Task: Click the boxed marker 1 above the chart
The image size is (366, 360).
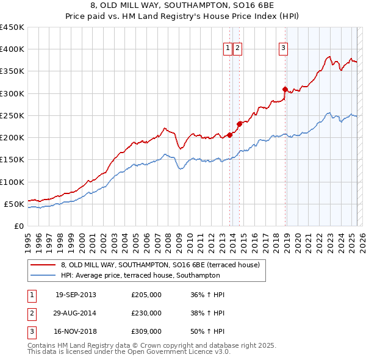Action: (x=228, y=49)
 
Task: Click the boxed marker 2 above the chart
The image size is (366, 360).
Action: (x=237, y=49)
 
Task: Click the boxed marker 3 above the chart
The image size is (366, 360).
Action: (x=284, y=49)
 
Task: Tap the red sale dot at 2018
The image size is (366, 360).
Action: (x=285, y=90)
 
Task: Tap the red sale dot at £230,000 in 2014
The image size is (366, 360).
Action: (x=239, y=124)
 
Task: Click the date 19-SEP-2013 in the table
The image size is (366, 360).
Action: (x=76, y=295)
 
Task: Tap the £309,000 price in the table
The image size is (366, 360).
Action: (x=146, y=331)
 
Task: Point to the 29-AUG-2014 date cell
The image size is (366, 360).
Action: (x=76, y=313)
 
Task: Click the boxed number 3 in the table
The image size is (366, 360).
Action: (x=30, y=331)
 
